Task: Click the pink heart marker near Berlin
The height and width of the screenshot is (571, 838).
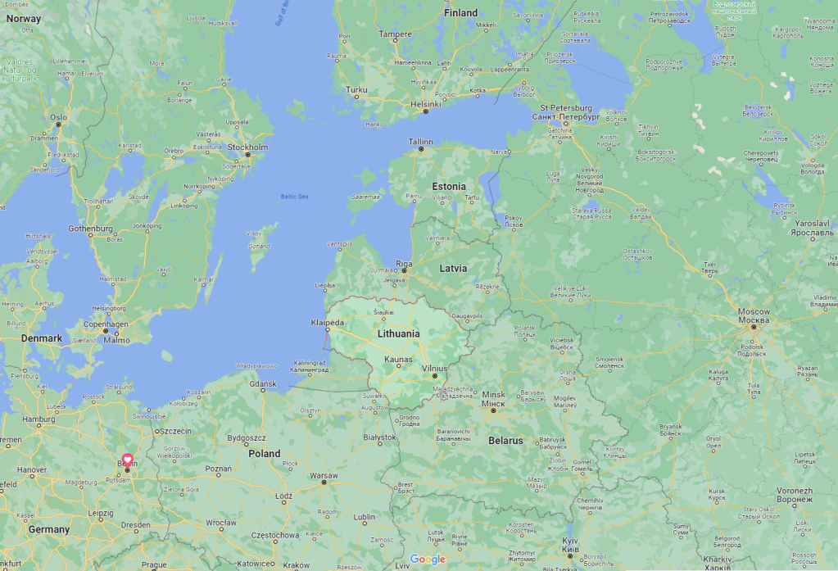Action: pyautogui.click(x=127, y=460)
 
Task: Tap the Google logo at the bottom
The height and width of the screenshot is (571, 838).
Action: pyautogui.click(x=428, y=560)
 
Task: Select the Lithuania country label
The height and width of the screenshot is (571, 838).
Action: pyautogui.click(x=399, y=333)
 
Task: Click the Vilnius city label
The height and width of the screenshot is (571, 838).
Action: pyautogui.click(x=435, y=369)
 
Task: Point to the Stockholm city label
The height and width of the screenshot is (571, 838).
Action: pyautogui.click(x=247, y=147)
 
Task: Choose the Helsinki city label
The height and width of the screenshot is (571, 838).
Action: pyautogui.click(x=426, y=104)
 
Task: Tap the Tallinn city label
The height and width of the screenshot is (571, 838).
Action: pyautogui.click(x=421, y=141)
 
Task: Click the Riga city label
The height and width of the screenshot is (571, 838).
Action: pyautogui.click(x=404, y=263)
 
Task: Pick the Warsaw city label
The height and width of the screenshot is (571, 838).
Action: pyautogui.click(x=324, y=475)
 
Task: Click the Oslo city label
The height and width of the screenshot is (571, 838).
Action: pyautogui.click(x=58, y=117)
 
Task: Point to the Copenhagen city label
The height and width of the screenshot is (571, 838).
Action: pyautogui.click(x=106, y=324)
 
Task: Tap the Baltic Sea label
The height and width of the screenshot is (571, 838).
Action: pyautogui.click(x=294, y=197)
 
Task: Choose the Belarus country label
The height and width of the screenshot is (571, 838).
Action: pyautogui.click(x=505, y=441)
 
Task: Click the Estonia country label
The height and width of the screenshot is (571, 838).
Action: pyautogui.click(x=449, y=186)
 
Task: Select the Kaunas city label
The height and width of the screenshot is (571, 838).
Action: pyautogui.click(x=398, y=360)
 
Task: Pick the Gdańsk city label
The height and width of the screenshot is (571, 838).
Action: pyautogui.click(x=263, y=383)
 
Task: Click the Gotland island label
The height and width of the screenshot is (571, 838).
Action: pyautogui.click(x=259, y=246)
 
